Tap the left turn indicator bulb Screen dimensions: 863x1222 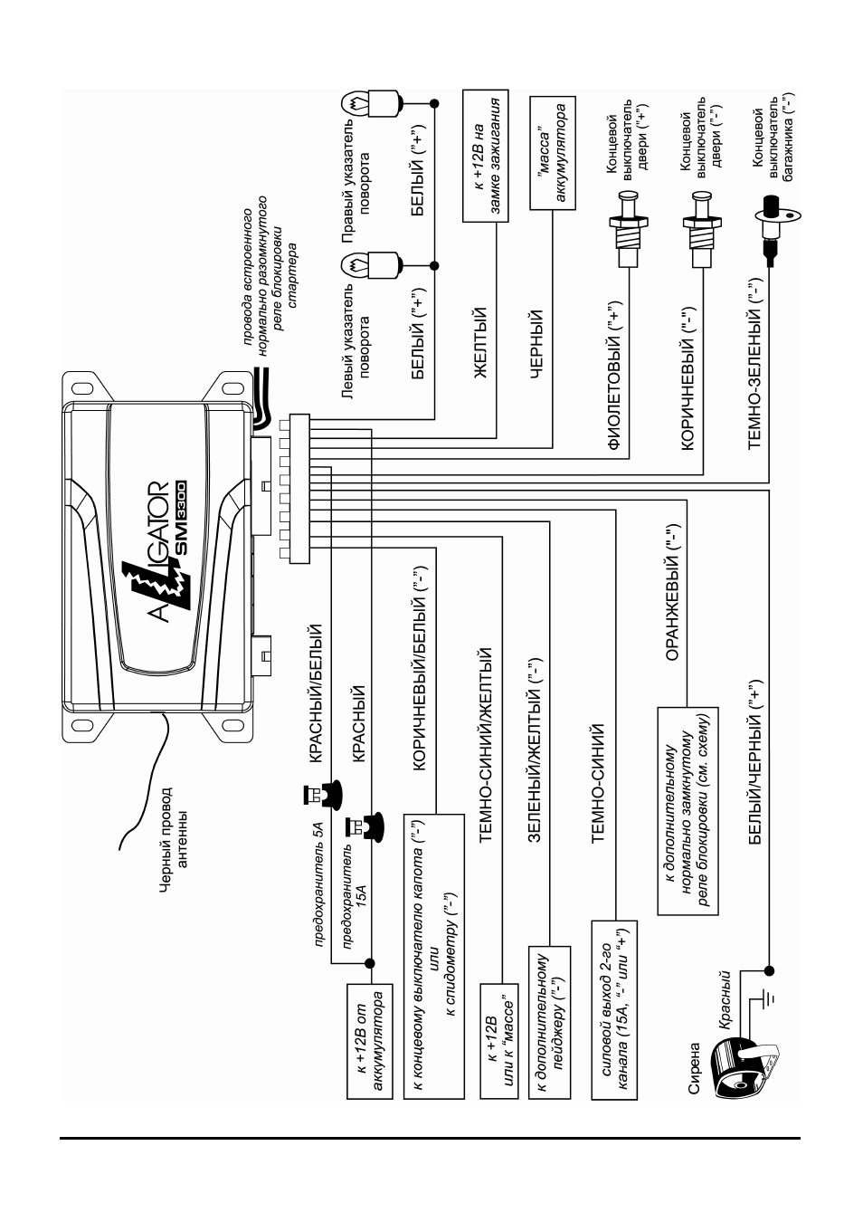[374, 266]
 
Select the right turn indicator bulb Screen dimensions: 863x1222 [374, 102]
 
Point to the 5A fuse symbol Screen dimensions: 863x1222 [322, 792]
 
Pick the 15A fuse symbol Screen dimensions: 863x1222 [365, 827]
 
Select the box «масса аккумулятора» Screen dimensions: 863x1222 [552, 153]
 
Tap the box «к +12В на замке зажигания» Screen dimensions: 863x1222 [485, 156]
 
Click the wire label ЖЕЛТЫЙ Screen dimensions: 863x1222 [480, 342]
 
